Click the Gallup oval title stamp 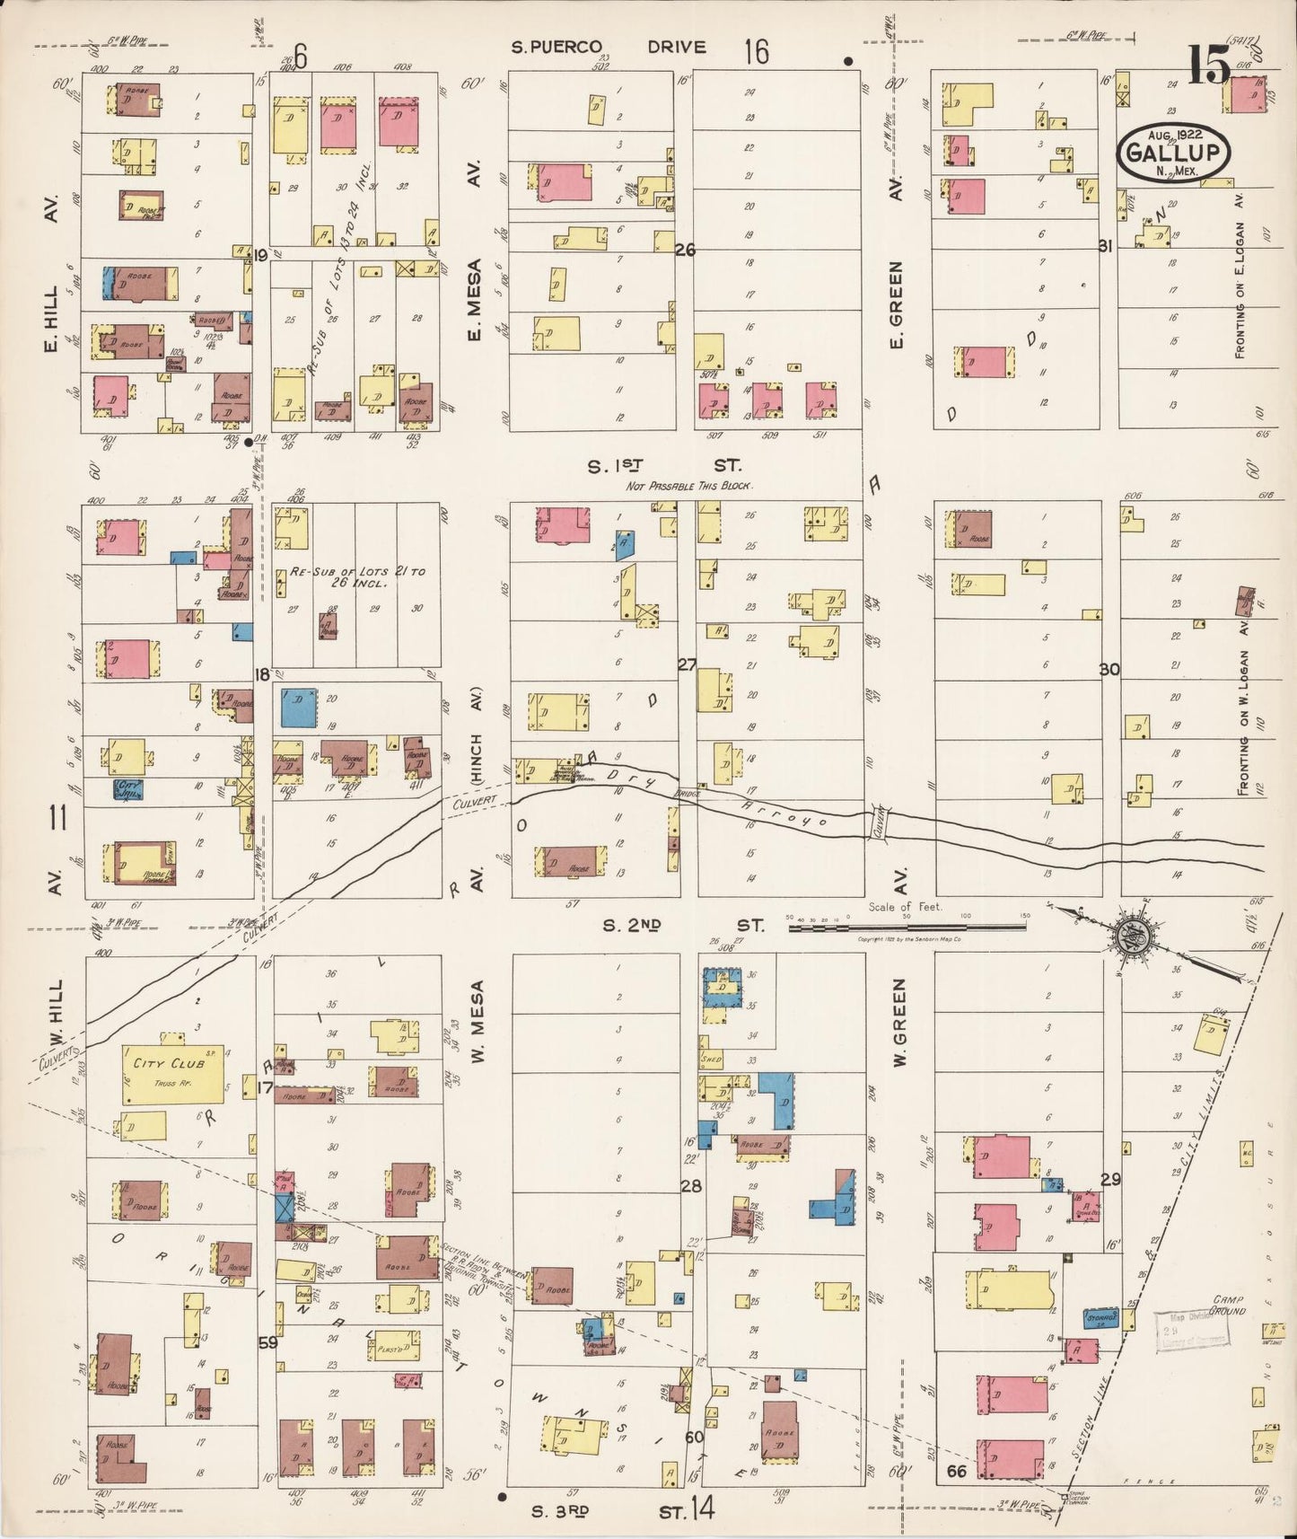tap(1174, 150)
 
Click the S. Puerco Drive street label tap(609, 48)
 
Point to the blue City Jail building tap(128, 788)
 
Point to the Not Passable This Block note tap(689, 486)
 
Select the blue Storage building tap(1101, 1318)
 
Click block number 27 tap(687, 665)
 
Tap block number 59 tap(267, 1343)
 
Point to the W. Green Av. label tap(900, 1024)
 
